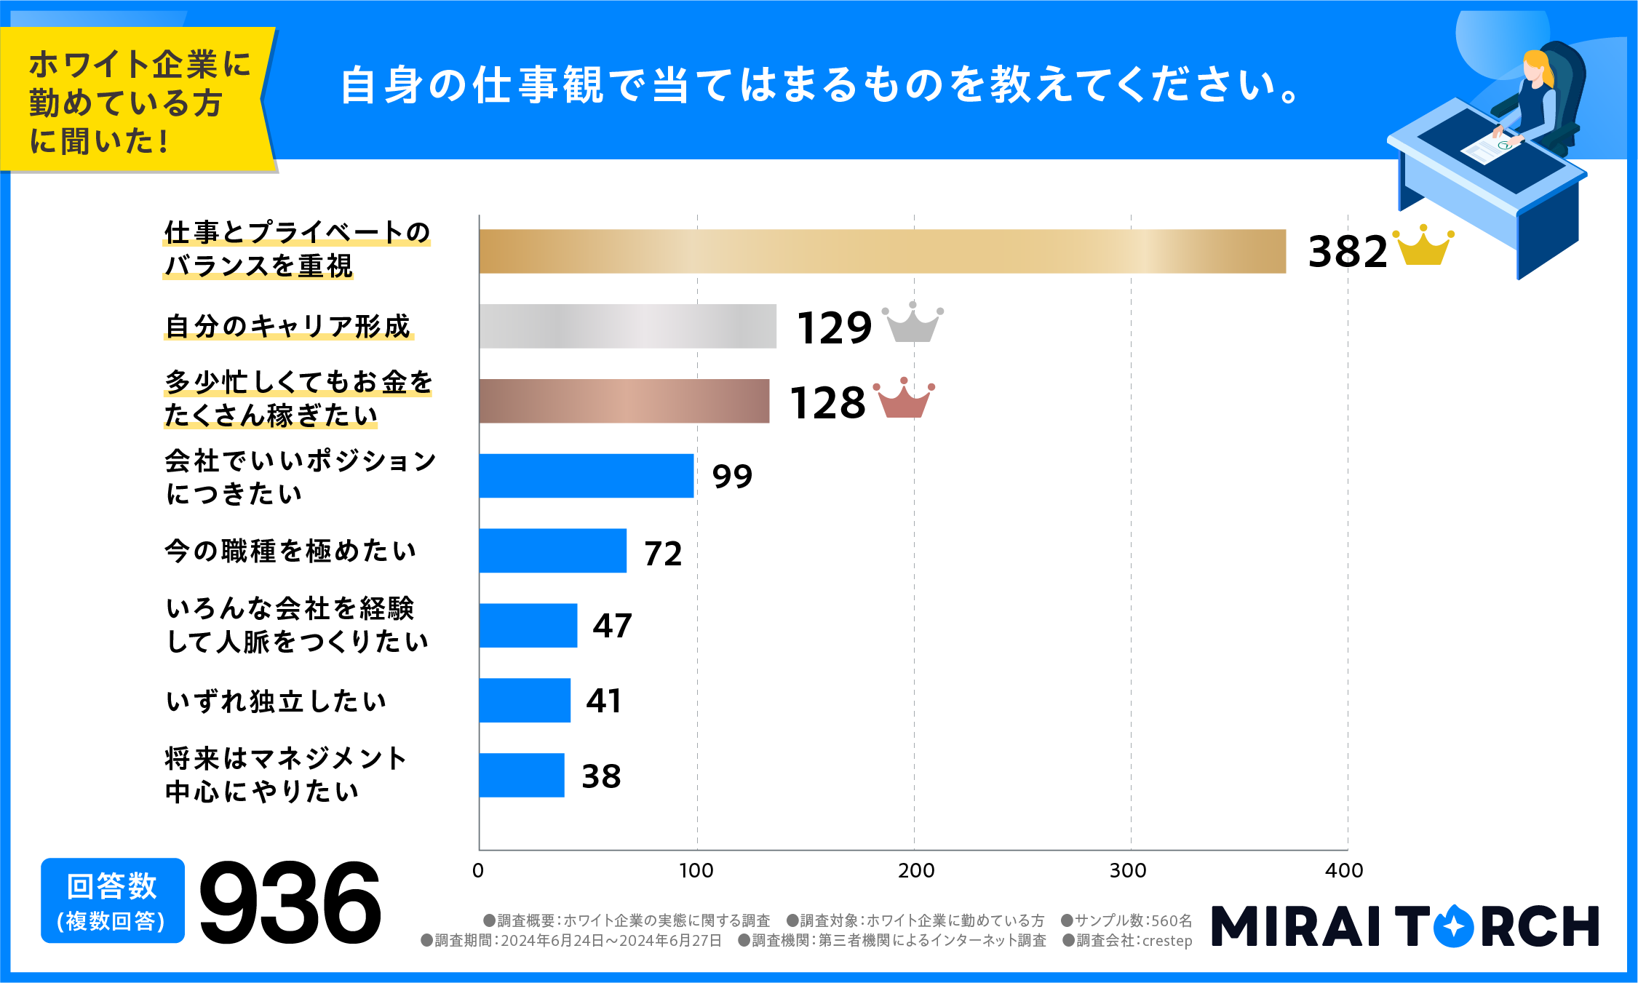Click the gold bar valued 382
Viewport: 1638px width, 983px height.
point(882,252)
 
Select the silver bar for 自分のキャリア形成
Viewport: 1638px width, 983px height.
point(627,326)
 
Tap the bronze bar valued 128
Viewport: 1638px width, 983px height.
point(624,401)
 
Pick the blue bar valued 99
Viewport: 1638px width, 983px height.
point(587,476)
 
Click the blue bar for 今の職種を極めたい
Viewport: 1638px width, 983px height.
point(553,551)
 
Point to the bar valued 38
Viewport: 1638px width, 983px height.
point(522,776)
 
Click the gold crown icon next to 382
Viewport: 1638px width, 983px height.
point(1423,247)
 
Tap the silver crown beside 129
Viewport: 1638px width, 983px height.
point(913,324)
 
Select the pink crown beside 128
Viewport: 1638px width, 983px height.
point(904,399)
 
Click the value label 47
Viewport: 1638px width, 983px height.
point(612,626)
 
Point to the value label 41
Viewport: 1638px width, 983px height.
point(604,701)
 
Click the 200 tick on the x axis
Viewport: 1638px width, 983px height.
point(915,870)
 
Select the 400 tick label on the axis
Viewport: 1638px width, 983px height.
point(1343,870)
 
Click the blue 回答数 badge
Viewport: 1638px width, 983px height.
point(112,901)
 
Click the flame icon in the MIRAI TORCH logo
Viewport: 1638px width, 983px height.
point(1453,926)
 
